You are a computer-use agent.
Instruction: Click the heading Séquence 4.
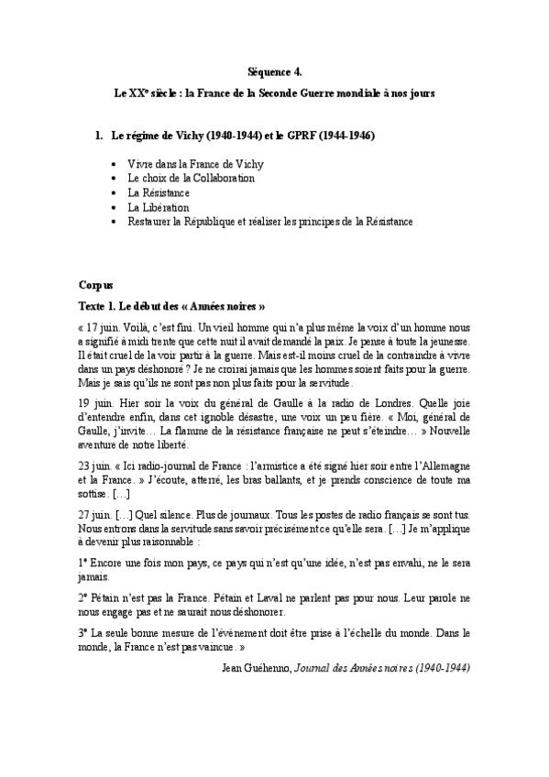[274, 70]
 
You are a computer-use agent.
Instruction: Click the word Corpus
[95, 285]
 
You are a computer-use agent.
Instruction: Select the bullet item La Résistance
[159, 193]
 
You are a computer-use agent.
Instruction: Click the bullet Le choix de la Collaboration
[191, 179]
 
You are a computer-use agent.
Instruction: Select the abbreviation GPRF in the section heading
[306, 136]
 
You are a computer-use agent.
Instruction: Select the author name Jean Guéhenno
[256, 667]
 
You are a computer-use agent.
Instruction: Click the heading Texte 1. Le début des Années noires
[171, 305]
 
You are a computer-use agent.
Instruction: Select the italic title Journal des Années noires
[349, 667]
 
